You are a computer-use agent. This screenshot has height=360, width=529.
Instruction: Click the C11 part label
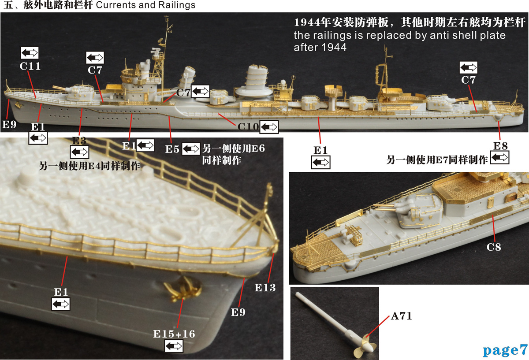[30, 67]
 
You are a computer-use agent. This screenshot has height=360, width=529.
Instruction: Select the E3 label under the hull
[79, 141]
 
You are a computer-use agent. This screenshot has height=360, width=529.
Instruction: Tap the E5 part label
[172, 149]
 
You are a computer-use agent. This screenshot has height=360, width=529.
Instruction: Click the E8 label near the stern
[500, 146]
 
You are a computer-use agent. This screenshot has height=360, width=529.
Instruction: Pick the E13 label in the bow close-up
[265, 288]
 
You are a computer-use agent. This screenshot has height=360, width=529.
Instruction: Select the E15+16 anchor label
[174, 334]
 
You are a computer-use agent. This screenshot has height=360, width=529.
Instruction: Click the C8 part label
[494, 247]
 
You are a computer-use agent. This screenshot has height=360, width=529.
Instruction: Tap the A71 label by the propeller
[401, 316]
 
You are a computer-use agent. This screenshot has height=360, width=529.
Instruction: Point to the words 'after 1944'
[320, 47]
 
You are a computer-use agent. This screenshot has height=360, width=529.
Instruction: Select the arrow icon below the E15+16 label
[174, 347]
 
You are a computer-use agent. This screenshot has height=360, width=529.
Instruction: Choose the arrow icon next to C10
[269, 127]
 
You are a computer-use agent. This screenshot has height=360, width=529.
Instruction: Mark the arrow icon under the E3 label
[79, 152]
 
